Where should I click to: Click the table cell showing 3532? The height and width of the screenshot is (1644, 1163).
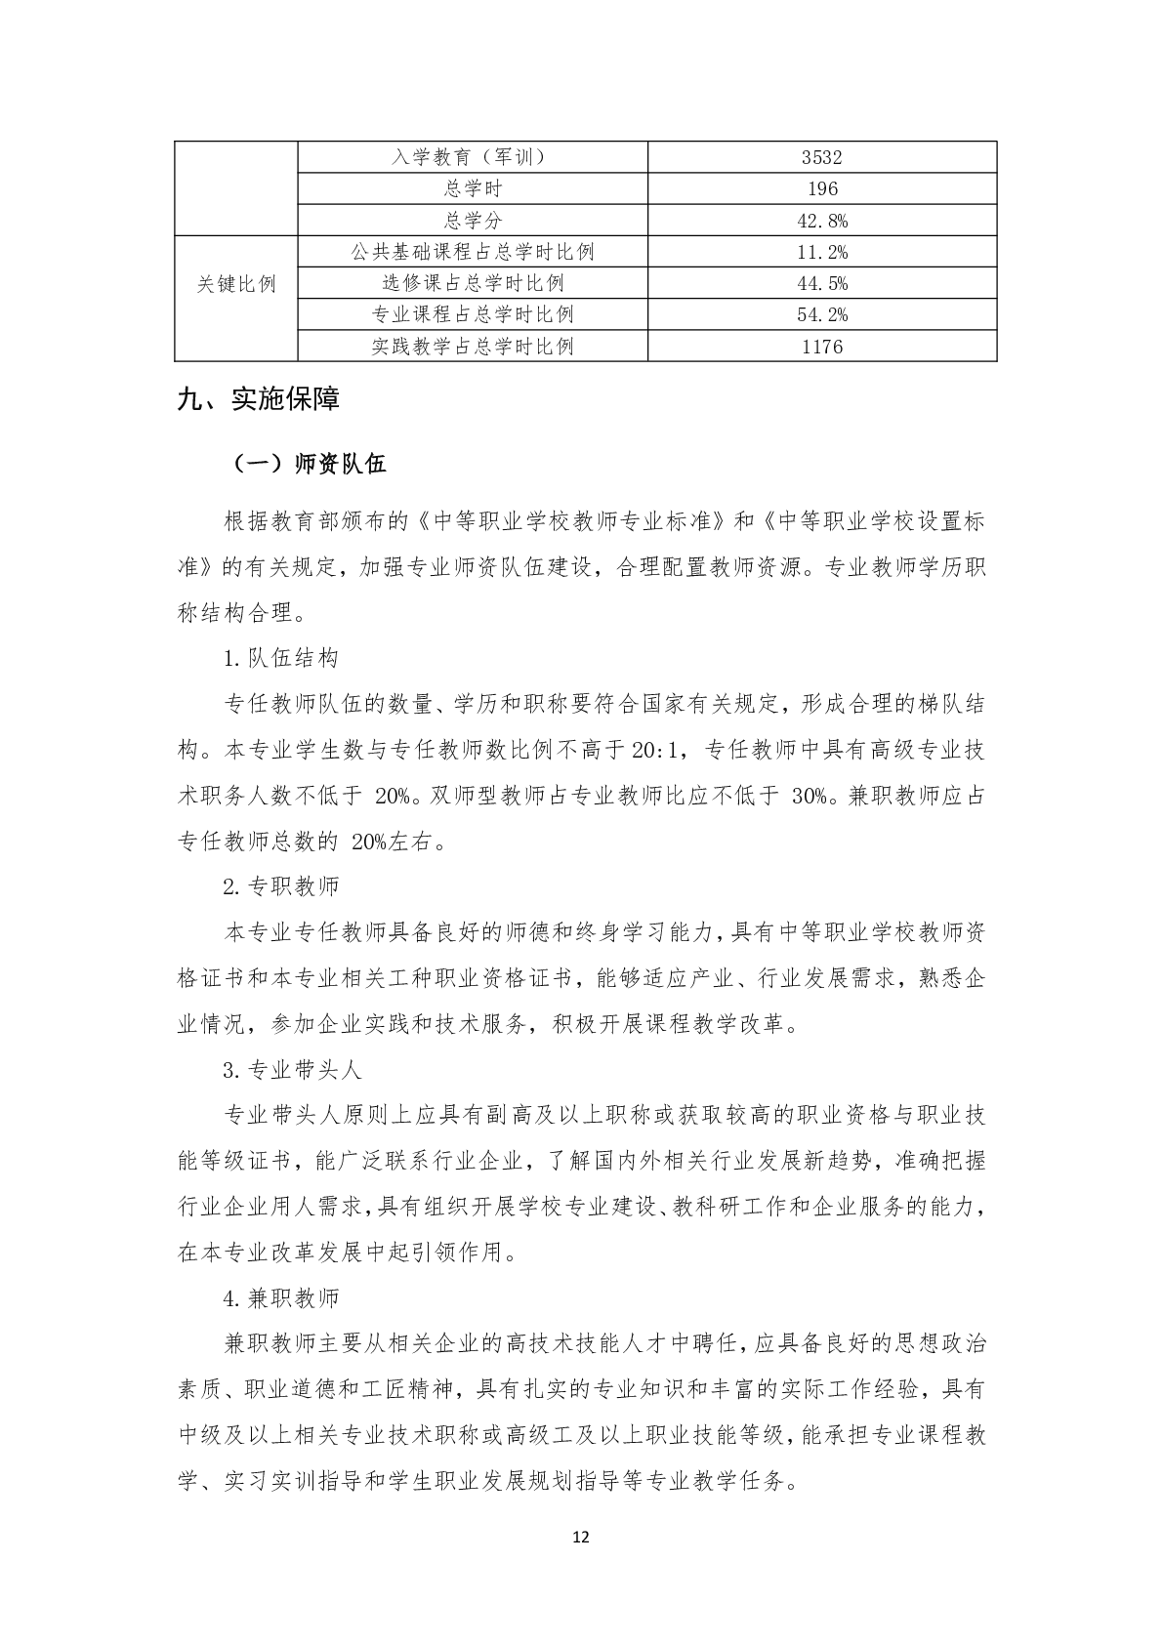click(x=821, y=157)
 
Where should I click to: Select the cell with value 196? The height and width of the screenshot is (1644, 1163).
click(x=821, y=188)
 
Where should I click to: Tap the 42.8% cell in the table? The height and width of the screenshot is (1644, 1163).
click(x=821, y=221)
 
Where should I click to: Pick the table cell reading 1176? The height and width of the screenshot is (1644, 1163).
click(x=821, y=347)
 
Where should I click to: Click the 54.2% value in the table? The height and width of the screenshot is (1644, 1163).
click(x=821, y=314)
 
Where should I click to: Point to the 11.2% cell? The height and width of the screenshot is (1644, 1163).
click(x=821, y=252)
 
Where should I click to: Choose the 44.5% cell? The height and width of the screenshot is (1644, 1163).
click(x=821, y=283)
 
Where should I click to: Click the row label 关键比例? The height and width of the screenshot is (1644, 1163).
click(x=236, y=284)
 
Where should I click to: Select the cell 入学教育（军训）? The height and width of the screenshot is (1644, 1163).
click(x=473, y=157)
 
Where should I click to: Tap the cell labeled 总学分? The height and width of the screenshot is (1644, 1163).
click(x=473, y=221)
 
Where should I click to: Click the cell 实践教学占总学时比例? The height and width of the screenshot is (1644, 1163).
click(x=473, y=347)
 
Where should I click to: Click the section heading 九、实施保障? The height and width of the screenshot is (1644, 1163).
click(x=258, y=400)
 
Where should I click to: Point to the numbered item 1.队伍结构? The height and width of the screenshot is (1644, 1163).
click(x=281, y=658)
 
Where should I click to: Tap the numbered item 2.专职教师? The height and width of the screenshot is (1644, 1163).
click(x=281, y=886)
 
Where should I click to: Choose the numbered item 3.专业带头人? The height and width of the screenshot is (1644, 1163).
click(x=292, y=1070)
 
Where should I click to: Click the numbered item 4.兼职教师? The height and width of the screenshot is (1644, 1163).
click(x=281, y=1298)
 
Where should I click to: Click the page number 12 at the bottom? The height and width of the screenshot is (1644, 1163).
click(x=581, y=1538)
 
